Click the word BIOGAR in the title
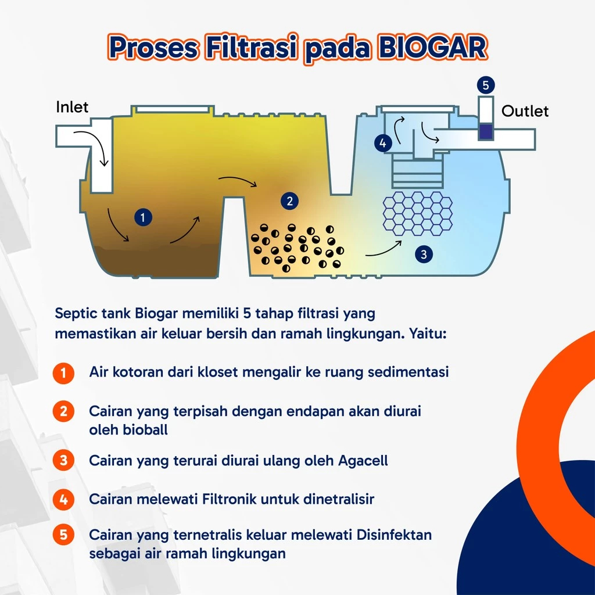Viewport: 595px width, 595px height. coord(432,48)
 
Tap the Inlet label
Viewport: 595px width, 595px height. coord(72,107)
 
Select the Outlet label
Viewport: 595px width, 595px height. coord(525,111)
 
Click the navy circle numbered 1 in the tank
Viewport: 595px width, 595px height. coord(143,217)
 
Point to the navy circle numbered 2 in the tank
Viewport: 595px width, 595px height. coord(290,201)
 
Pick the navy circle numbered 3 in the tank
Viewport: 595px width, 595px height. coord(424,255)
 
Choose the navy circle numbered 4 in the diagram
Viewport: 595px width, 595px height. coord(383,143)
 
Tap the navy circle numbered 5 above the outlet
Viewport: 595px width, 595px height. coord(486,85)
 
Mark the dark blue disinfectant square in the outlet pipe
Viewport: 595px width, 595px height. coord(486,132)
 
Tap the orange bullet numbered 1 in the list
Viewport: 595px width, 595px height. coord(63,373)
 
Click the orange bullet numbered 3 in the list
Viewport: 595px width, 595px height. coord(63,460)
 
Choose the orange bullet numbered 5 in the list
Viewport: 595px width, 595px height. coord(63,535)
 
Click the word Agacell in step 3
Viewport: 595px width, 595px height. coord(363,461)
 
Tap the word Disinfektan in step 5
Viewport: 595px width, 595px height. coord(394,535)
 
